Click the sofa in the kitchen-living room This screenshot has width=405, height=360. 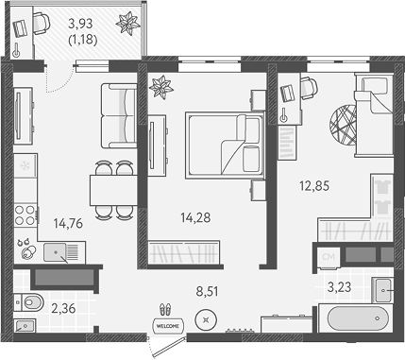click(120, 114)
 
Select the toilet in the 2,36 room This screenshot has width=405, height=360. click(29, 303)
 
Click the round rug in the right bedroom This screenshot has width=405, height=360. click(344, 123)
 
